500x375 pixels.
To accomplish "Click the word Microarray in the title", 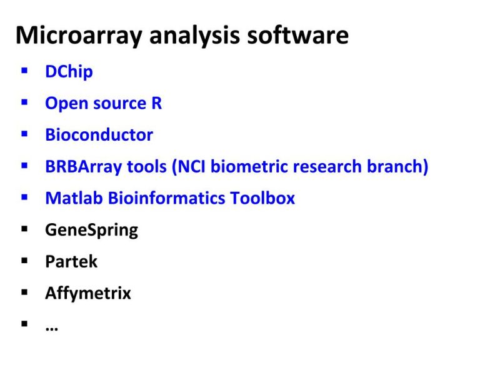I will point(79,36).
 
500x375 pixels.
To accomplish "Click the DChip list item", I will point(69,71).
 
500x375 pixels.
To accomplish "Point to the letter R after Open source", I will point(156,103).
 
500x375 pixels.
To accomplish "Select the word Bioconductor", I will point(99,135).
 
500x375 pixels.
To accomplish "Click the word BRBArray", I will point(83,167).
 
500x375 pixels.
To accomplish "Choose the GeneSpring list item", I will point(91,230).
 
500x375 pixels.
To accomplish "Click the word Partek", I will point(71,261).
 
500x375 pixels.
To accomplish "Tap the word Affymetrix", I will point(88,293).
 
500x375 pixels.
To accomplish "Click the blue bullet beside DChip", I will point(24,71).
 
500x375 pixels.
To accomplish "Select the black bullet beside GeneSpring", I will point(24,229).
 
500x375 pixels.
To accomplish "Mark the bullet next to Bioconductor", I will point(24,134).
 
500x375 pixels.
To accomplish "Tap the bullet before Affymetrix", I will point(24,292).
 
